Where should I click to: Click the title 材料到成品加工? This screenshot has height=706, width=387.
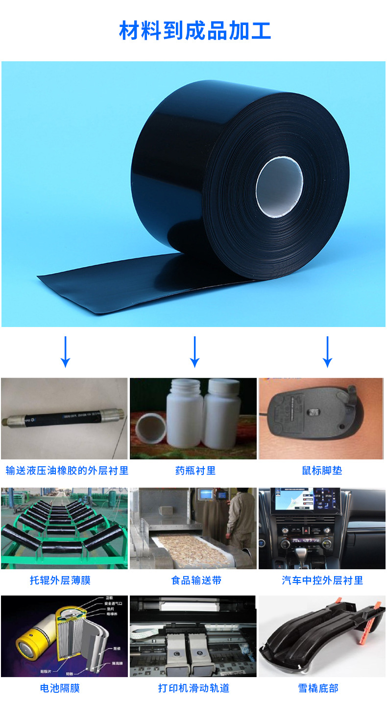point(194,30)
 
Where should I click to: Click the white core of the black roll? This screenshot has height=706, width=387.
point(279,188)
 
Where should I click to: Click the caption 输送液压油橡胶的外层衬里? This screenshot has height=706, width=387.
point(67,471)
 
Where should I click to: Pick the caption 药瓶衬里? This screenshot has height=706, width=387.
point(195,471)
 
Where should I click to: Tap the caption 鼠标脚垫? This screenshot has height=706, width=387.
point(322,471)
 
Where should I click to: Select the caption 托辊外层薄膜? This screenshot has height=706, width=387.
point(60,580)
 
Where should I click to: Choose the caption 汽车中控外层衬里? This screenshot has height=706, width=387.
point(322,580)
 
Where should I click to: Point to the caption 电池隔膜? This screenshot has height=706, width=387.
point(60,688)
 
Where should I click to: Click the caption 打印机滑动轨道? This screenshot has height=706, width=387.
point(193,688)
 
